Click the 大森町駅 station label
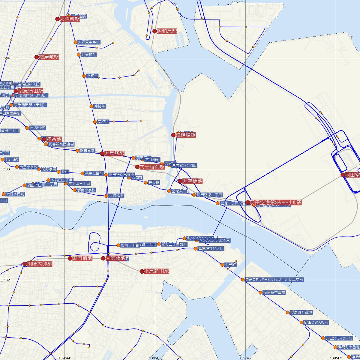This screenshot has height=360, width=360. [x=70, y=19]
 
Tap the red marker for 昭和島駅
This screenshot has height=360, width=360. [x=154, y=31]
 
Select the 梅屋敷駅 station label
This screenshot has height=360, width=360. [x=49, y=57]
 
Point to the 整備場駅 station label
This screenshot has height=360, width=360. [x=186, y=135]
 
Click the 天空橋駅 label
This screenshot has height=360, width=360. [x=192, y=181]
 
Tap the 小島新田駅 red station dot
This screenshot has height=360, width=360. [x=142, y=271]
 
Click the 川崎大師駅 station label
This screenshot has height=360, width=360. [x=40, y=264]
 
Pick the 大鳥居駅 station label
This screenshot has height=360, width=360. [x=114, y=153]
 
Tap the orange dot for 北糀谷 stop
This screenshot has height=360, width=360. [x=84, y=76]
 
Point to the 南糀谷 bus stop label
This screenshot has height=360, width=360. [x=103, y=122]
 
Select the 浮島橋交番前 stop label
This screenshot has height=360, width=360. [x=274, y=292]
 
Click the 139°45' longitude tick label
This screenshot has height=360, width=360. [x=154, y=358]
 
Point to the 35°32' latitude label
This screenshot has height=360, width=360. [x=5, y=280]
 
